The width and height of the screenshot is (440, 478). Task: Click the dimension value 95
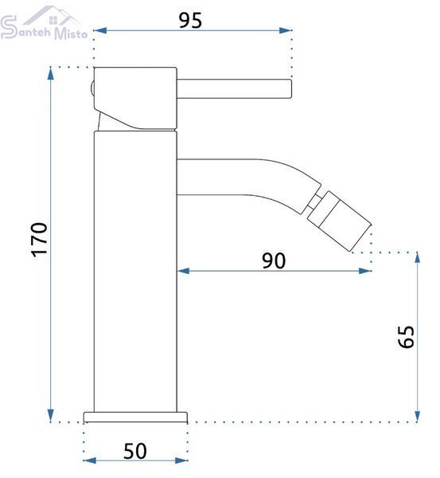click(x=190, y=21)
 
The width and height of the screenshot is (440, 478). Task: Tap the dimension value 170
click(x=40, y=240)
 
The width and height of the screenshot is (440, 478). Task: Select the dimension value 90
click(x=274, y=261)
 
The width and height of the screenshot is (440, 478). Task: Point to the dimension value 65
click(x=407, y=337)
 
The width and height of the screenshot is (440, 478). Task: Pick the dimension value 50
click(x=135, y=451)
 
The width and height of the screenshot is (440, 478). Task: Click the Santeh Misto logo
click(x=44, y=24)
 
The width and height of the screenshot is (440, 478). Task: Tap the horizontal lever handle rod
click(x=234, y=89)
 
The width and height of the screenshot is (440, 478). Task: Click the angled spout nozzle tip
click(x=339, y=221)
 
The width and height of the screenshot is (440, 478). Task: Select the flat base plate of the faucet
click(x=135, y=417)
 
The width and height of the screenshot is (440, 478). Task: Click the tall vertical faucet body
click(x=135, y=272)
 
